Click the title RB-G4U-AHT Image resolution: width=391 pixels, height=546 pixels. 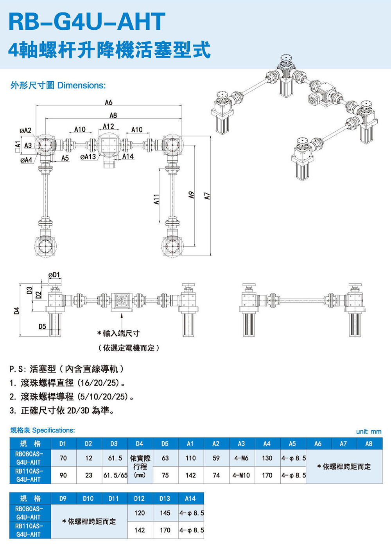[87, 21]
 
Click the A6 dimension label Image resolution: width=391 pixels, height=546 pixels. [109, 103]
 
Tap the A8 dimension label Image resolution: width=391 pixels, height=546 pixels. [113, 115]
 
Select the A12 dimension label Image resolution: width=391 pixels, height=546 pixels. [108, 126]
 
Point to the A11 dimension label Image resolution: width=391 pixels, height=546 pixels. [156, 199]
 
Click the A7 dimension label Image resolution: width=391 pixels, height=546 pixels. [207, 196]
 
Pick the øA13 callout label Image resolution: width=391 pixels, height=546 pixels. [88, 157]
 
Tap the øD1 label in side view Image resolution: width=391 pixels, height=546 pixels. [54, 275]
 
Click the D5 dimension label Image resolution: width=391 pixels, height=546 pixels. [42, 326]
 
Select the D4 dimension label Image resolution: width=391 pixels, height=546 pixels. [16, 311]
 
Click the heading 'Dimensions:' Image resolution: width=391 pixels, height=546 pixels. [81, 86]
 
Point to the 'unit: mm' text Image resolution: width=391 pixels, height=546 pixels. [369, 432]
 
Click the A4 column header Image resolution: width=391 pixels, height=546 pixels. [267, 444]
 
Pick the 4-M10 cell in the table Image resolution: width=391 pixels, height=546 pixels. [241, 475]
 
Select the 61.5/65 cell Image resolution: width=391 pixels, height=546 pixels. [115, 475]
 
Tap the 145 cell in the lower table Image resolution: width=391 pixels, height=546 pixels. [165, 513]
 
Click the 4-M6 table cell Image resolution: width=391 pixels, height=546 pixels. [241, 458]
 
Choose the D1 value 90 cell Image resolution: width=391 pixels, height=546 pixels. [63, 475]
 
